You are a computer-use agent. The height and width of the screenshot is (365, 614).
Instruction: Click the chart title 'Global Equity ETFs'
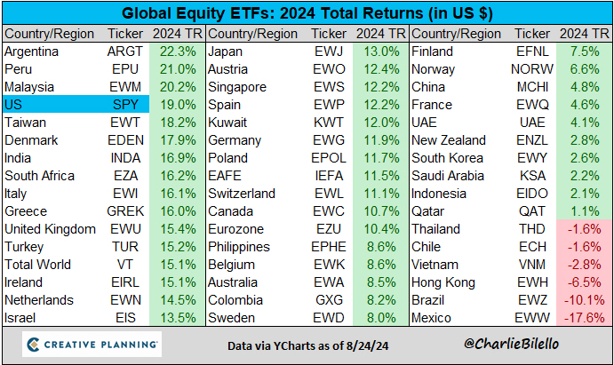click(307, 13)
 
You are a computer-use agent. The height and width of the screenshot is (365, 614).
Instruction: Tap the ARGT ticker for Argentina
click(124, 52)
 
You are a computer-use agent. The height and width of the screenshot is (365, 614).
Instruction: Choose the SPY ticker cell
click(124, 104)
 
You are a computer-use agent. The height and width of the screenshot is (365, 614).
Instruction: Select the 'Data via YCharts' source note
click(307, 345)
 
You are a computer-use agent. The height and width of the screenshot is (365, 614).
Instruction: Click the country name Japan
click(226, 52)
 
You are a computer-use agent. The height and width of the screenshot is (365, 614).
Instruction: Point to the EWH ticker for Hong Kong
click(530, 282)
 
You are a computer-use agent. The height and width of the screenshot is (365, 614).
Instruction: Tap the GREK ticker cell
click(124, 210)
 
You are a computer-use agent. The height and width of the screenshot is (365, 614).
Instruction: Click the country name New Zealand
click(449, 139)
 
